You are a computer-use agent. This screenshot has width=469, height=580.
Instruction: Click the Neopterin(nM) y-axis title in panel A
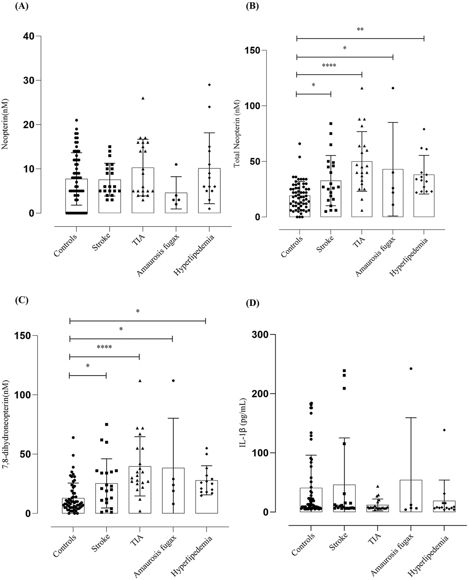tap(5, 124)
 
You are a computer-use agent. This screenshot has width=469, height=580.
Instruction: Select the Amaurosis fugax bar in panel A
tap(176, 203)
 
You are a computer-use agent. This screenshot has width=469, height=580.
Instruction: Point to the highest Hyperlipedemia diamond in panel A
tap(209, 85)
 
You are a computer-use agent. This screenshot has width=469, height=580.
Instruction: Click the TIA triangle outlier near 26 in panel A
tap(143, 98)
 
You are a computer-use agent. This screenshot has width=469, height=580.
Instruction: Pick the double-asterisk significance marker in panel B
tap(360, 30)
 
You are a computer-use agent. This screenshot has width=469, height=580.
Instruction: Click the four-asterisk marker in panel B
tap(329, 66)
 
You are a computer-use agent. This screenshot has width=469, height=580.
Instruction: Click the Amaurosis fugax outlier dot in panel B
tap(392, 88)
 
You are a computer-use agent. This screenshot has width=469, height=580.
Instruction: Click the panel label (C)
tap(21, 300)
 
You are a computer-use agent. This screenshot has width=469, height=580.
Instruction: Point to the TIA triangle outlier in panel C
tap(140, 381)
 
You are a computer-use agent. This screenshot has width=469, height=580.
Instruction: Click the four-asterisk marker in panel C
tap(104, 347)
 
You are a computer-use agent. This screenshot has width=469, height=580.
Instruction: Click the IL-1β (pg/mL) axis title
tap(243, 425)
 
